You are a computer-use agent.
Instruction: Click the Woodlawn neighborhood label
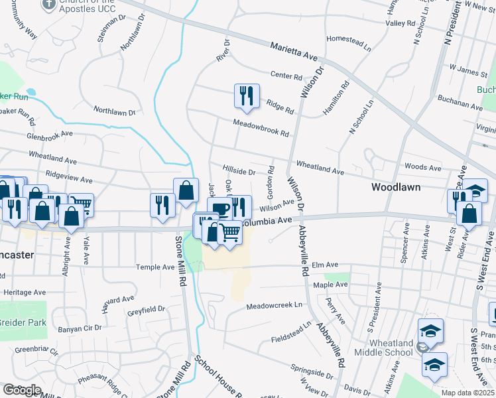(x=395, y=188)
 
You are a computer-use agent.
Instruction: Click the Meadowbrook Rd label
(x=261, y=128)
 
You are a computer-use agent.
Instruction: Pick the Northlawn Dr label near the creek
(x=114, y=111)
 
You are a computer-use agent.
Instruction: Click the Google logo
(x=21, y=390)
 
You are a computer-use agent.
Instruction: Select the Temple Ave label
(x=155, y=267)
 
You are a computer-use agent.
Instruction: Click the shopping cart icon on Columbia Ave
(x=229, y=232)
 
